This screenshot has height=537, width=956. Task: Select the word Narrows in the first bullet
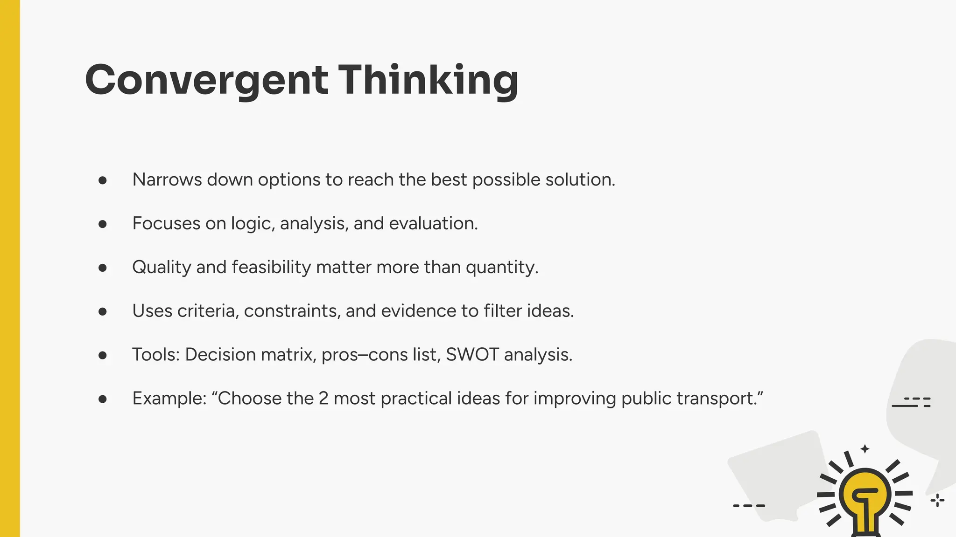point(167,180)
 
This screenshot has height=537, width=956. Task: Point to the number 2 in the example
point(323,399)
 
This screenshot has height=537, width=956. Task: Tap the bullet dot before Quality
point(103,268)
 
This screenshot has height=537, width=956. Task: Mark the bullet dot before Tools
point(103,355)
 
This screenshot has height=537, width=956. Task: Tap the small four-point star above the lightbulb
point(865,449)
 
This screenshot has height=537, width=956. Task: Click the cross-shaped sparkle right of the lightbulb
point(937,501)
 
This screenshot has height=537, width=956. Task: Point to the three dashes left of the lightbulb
point(749,505)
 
